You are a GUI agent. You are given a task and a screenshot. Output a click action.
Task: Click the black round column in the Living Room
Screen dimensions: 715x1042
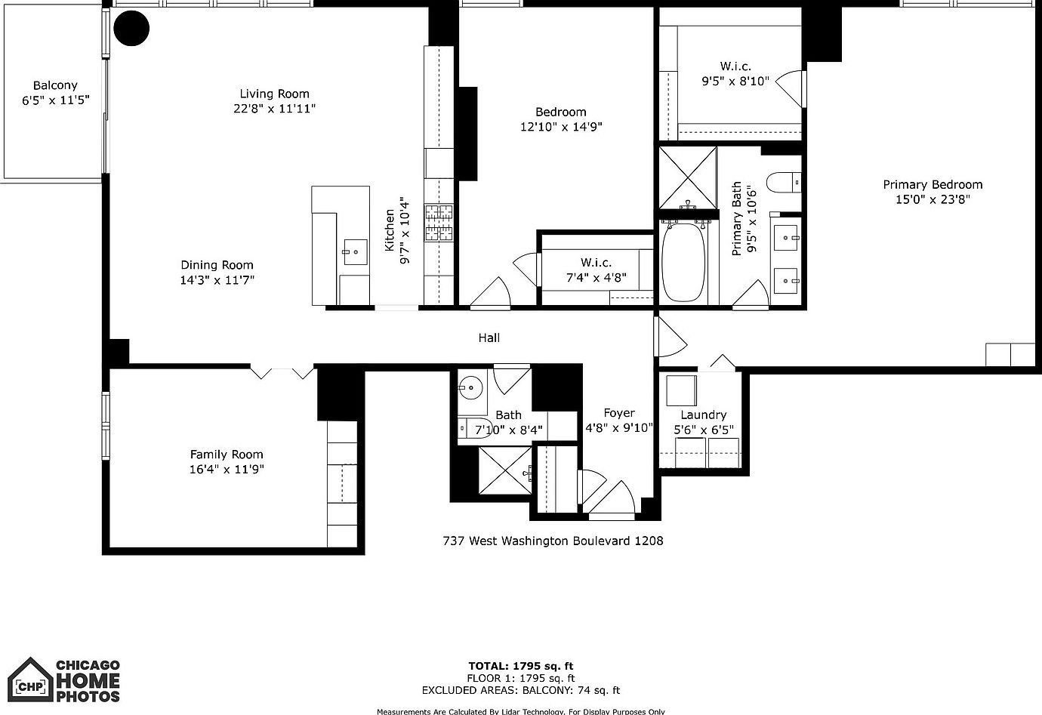click(131, 29)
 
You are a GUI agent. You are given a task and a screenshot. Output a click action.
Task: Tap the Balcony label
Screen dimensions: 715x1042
click(55, 85)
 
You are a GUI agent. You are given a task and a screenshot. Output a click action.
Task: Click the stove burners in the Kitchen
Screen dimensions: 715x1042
click(440, 223)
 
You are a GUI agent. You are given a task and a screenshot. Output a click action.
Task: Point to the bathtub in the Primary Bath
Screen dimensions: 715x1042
click(684, 261)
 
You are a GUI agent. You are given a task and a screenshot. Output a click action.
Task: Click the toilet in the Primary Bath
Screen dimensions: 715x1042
click(782, 182)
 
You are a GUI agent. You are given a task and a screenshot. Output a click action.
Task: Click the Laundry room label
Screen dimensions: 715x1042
click(703, 415)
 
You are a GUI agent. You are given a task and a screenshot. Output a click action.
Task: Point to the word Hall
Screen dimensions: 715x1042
click(489, 337)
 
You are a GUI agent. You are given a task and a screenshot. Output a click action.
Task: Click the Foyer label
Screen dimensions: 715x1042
click(619, 413)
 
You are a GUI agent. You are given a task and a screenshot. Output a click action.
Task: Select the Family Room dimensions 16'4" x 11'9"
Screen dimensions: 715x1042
click(227, 469)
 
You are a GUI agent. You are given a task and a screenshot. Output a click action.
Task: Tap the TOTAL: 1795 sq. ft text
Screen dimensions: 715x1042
click(520, 666)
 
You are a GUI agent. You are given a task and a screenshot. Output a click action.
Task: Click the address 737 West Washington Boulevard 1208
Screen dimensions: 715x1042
click(552, 541)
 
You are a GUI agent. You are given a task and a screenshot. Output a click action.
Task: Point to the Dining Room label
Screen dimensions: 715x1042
click(217, 265)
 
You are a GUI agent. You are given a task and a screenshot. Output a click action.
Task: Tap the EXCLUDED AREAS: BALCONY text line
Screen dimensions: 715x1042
click(520, 690)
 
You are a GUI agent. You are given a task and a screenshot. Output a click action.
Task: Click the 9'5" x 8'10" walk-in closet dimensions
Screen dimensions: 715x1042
click(735, 81)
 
